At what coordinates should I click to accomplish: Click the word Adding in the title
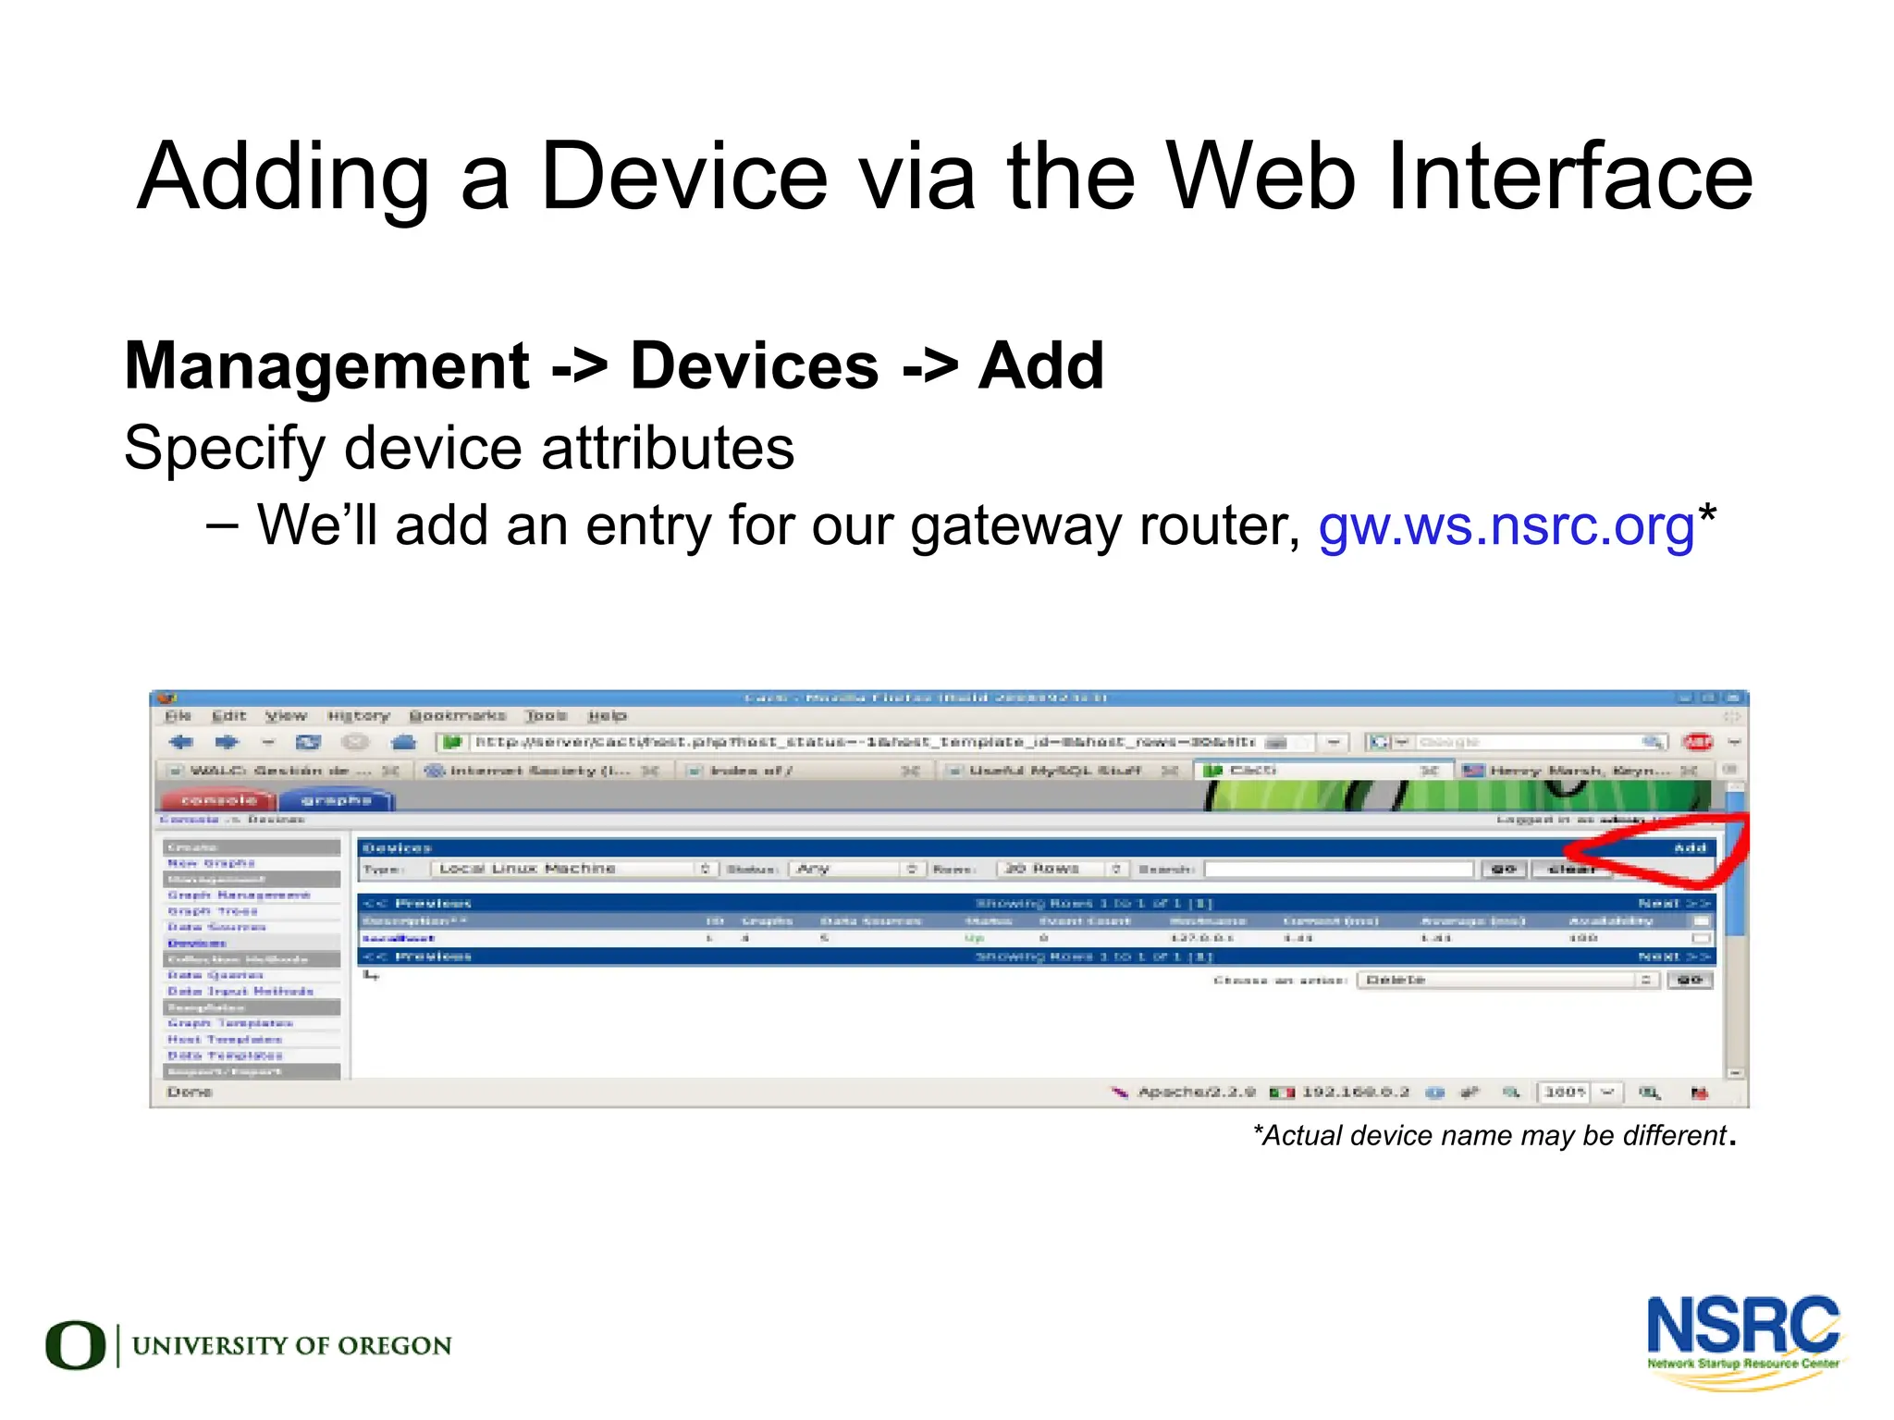283,178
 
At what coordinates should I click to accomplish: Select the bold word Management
326,366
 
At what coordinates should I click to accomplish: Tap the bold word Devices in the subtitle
754,366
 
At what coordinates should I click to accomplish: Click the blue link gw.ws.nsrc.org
1506,525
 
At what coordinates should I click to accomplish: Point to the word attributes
667,449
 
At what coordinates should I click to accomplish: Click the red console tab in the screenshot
218,800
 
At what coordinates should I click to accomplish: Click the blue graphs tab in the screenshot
336,800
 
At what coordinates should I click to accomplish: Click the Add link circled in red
1690,847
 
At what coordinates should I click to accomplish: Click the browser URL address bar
864,742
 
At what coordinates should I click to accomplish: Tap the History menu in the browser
359,716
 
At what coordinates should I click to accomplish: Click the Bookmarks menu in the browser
458,716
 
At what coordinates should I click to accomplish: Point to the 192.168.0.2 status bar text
1355,1093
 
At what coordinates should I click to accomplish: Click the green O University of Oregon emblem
75,1344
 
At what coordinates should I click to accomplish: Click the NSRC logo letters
1742,1326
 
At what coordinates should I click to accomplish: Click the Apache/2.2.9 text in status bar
1196,1093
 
